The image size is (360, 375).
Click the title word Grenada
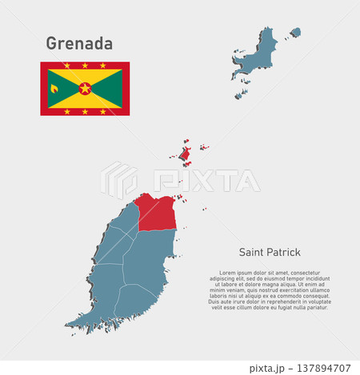pyautogui.click(x=79, y=42)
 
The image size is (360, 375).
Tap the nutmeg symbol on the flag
pyautogui.click(x=55, y=88)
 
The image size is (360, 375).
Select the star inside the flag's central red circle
pyautogui.click(x=85, y=88)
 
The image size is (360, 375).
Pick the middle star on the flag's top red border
pyautogui.click(x=85, y=66)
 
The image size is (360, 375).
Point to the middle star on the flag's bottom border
pyautogui.click(x=85, y=111)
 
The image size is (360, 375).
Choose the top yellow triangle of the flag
pyautogui.click(x=85, y=76)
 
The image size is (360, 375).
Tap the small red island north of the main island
pyautogui.click(x=185, y=153)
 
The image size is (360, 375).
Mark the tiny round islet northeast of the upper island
pyautogui.click(x=296, y=33)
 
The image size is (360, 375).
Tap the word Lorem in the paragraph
pyautogui.click(x=228, y=273)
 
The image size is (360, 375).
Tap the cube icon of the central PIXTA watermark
pyautogui.click(x=118, y=180)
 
